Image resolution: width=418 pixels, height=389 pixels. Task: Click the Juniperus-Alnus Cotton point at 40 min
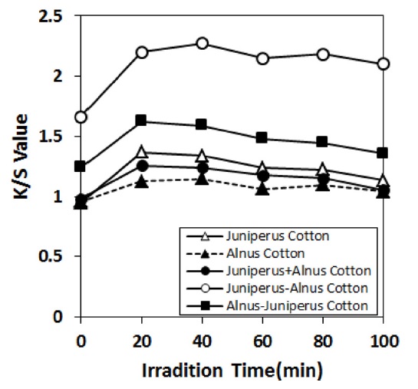click(202, 44)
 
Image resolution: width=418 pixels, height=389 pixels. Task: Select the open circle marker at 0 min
click(81, 117)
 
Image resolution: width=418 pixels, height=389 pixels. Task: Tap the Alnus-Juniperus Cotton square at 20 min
click(141, 120)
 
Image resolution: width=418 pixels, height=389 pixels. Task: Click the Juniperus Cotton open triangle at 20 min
click(141, 152)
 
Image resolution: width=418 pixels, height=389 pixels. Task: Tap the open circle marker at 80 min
click(323, 54)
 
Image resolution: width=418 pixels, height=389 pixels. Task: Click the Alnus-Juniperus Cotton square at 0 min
click(81, 166)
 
